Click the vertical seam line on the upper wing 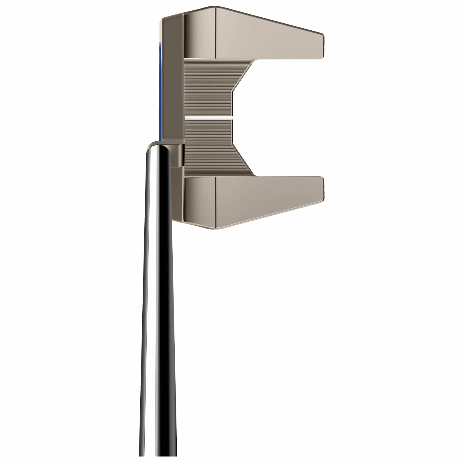(216, 32)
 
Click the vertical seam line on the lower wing (216, 199)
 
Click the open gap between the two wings (283, 115)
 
